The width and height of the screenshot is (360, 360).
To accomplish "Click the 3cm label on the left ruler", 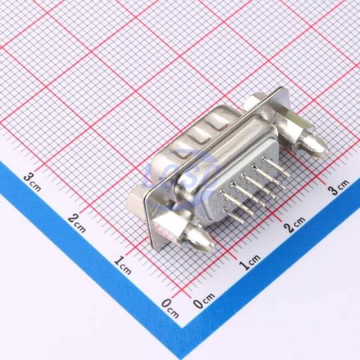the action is coord(33,182).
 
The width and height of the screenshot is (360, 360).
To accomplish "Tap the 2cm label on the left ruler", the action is coord(77,223).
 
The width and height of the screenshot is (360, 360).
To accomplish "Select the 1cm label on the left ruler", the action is coord(123,265).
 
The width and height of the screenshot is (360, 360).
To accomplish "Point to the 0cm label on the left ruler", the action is coord(170,308).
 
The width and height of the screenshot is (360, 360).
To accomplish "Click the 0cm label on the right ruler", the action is coord(204,300).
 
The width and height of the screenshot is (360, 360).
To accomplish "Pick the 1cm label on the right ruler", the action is coord(250,262).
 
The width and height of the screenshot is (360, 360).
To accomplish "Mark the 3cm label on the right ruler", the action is coord(339,187).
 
